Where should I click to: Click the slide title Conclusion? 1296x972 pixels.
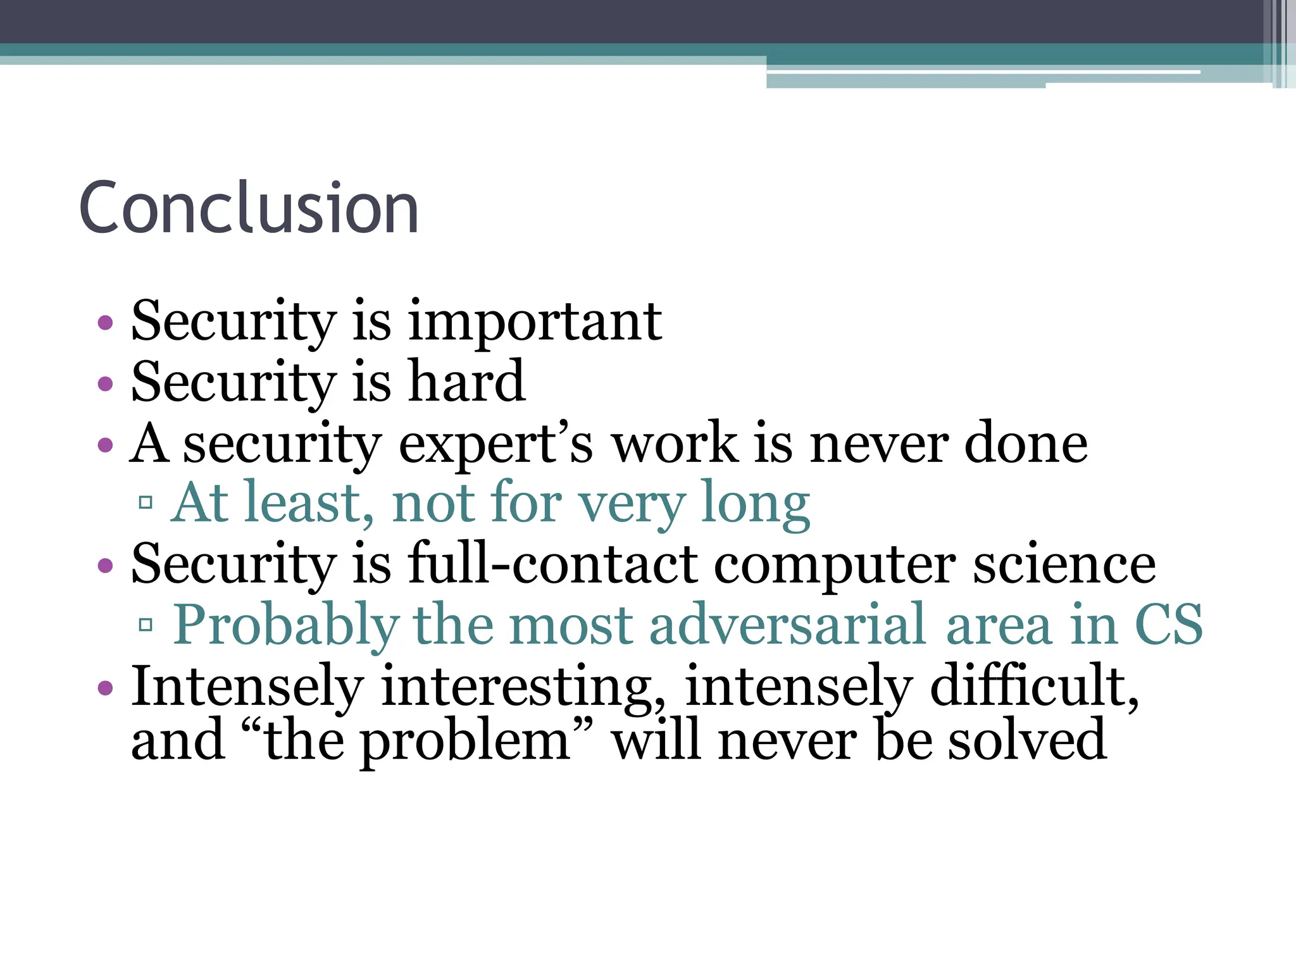[x=248, y=208]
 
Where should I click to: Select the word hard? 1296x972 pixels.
[x=467, y=382]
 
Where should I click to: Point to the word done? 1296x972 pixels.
[x=1026, y=443]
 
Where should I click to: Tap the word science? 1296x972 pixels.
[x=1064, y=564]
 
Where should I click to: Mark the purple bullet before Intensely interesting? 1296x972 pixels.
[x=106, y=688]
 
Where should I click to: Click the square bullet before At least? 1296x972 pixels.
[x=146, y=503]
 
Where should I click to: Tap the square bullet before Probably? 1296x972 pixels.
[x=146, y=625]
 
